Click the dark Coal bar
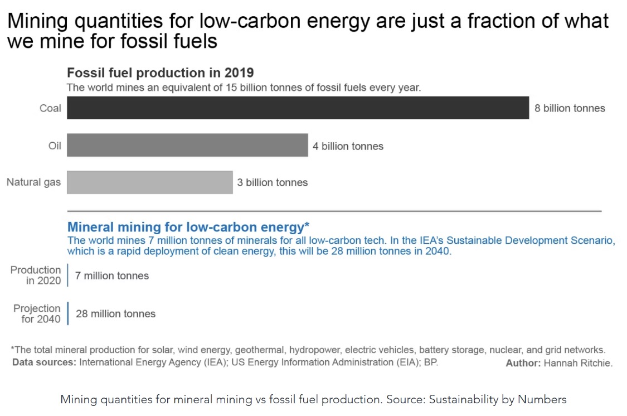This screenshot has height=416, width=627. tap(298, 108)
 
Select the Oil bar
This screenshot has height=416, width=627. tap(187, 145)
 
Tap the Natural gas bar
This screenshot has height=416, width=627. tap(149, 182)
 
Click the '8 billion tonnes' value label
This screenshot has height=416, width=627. tap(570, 108)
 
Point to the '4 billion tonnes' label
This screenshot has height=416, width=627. tap(348, 147)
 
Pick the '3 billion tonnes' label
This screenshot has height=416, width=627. tap(272, 182)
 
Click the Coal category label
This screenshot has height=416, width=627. tap(50, 108)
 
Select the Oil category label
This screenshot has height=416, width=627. tap(55, 146)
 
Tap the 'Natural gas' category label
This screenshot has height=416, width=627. tap(33, 182)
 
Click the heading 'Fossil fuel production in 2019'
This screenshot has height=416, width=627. tap(161, 72)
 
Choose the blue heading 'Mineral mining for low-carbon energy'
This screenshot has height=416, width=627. tap(188, 227)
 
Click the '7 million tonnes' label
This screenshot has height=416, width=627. tap(112, 275)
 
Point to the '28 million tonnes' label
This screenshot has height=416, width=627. tap(115, 314)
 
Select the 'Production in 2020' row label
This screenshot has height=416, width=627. tap(36, 275)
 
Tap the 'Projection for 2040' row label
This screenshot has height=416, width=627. tap(37, 314)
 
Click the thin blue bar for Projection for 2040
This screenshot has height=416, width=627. tap(67, 313)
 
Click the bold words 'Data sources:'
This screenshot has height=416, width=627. tap(44, 362)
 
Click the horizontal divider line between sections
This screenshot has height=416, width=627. tap(334, 211)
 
